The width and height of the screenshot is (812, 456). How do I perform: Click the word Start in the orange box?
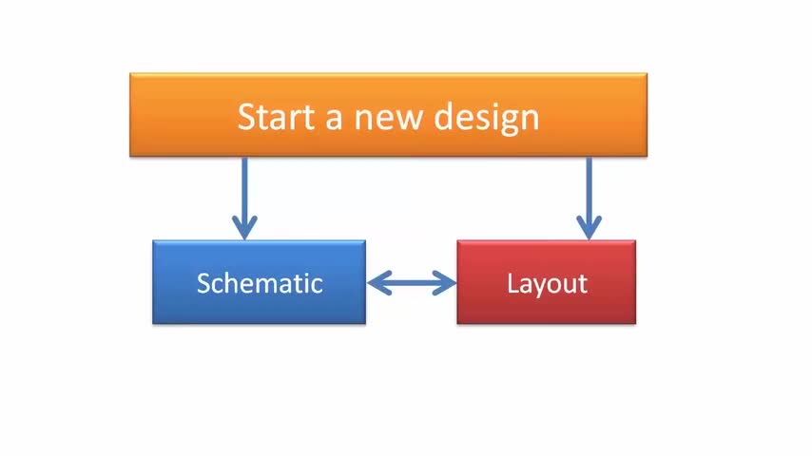pos(276,117)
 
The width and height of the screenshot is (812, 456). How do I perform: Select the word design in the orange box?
pos(486,119)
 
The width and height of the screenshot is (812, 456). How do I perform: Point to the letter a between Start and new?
pos(334,119)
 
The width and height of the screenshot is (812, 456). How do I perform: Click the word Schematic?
pos(260,283)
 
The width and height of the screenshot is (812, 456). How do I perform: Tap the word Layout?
pos(547,284)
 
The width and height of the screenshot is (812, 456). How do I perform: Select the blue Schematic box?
pos(259,282)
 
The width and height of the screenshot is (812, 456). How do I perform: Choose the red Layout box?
pos(547,282)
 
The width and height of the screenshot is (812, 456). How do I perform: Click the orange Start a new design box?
pos(388,115)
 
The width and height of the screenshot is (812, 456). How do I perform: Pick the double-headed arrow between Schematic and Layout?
pos(412,283)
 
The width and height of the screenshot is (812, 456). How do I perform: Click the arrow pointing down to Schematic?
pos(244,199)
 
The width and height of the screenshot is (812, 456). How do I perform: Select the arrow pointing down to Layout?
pos(589,199)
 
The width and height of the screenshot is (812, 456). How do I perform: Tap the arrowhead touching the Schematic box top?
pos(244,228)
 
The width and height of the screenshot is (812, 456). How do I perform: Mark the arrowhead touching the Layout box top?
pos(589,228)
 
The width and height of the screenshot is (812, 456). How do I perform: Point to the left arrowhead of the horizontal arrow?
pos(379,283)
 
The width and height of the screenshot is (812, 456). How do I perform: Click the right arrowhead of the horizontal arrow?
pos(445,283)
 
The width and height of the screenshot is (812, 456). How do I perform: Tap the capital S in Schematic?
pos(204,284)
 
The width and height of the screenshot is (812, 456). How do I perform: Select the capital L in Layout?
pos(513,283)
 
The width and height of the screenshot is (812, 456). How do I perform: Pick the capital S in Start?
pos(246,117)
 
